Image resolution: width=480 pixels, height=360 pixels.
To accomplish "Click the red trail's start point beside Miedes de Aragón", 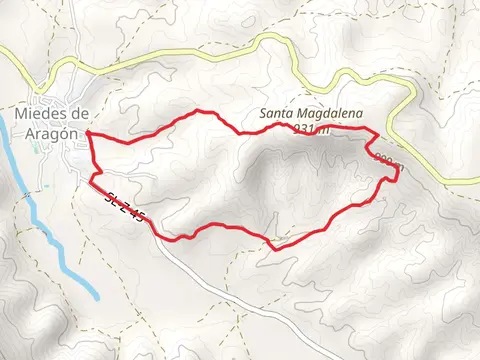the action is (88, 132).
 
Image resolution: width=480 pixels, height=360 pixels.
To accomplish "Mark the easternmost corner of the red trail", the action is (399, 172).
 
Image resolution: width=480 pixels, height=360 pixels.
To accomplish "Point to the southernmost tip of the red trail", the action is (273, 248).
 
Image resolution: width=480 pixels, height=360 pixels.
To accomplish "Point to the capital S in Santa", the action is (264, 114).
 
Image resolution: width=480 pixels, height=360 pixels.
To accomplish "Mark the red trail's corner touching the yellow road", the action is (377, 132).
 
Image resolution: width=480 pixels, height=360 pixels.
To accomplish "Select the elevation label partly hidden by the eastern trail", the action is (388, 160).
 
